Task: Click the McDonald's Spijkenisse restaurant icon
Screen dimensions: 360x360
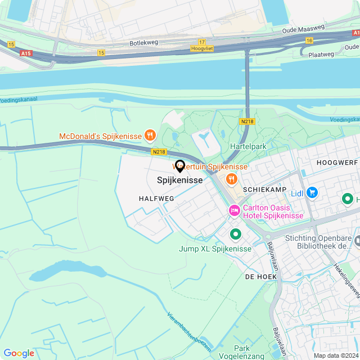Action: [150, 135]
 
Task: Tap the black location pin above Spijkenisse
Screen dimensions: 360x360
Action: [180, 166]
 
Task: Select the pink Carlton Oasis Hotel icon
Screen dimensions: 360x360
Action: [234, 210]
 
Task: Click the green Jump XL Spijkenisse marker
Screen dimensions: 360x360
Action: [235, 233]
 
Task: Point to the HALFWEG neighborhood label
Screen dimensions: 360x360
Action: [154, 199]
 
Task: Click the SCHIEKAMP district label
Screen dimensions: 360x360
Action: [265, 190]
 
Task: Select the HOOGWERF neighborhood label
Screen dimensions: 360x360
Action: [337, 161]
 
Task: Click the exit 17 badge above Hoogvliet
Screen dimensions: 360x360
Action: [202, 42]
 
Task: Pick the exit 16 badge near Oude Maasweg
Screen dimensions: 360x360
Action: [309, 40]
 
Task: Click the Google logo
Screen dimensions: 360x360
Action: [19, 353]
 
